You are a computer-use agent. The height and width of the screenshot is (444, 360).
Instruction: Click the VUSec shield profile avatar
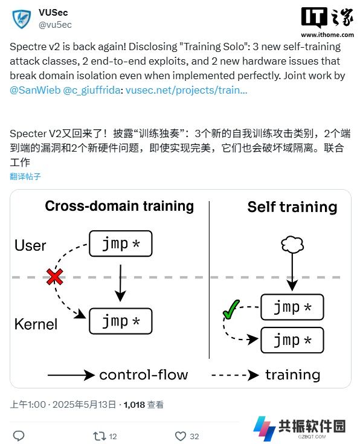tap(22, 19)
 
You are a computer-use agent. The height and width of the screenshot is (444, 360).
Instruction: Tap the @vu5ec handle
tap(55, 25)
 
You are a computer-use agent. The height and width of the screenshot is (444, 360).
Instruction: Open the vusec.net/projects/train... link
tap(187, 90)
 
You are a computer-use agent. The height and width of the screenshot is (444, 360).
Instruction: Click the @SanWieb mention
tap(35, 90)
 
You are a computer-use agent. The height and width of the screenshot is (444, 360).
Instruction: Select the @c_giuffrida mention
tap(92, 90)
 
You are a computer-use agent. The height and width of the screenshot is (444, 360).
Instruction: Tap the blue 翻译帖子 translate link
tap(25, 176)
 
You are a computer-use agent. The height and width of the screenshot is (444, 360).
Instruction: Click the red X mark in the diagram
tap(55, 277)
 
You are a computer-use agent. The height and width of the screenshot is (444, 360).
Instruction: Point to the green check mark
tap(231, 309)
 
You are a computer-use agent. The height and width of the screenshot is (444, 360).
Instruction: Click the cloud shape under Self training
tap(292, 245)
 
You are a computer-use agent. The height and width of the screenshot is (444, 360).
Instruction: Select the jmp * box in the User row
tap(121, 243)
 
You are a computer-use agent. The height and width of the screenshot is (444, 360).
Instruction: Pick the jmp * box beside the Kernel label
tap(121, 321)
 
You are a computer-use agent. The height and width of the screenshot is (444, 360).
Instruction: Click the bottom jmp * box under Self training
tap(292, 340)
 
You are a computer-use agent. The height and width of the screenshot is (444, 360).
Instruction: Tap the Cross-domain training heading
tap(119, 206)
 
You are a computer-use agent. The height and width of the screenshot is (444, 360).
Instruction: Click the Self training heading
tap(292, 207)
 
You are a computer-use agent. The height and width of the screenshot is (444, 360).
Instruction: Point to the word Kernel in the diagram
tap(36, 324)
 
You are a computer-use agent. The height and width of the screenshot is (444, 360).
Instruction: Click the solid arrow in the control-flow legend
tap(71, 375)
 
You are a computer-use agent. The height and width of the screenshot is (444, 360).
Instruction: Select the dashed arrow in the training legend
tap(235, 375)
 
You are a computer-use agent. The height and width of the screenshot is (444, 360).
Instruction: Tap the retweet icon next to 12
tap(100, 436)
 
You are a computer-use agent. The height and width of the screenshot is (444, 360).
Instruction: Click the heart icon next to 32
tap(181, 436)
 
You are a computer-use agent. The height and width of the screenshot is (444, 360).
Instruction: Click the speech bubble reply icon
tap(19, 436)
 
